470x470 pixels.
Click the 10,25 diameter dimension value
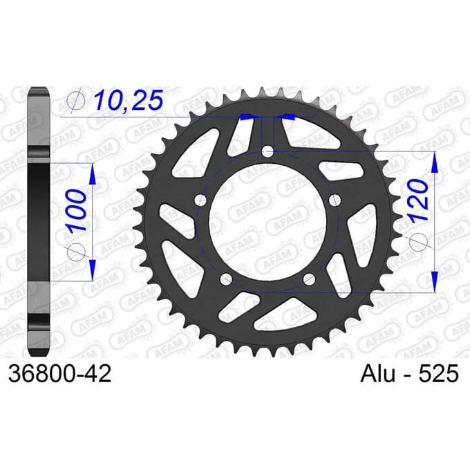[x=129, y=100]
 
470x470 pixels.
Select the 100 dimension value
[x=76, y=210]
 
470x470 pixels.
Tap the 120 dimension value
[x=418, y=200]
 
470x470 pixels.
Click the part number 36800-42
[x=60, y=374]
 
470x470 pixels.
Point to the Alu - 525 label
[x=409, y=374]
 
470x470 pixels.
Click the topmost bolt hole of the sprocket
[x=267, y=151]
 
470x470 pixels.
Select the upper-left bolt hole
[x=200, y=200]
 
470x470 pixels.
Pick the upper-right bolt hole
[x=335, y=200]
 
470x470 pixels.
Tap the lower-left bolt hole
[x=226, y=279]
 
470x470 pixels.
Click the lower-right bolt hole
[x=310, y=279]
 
